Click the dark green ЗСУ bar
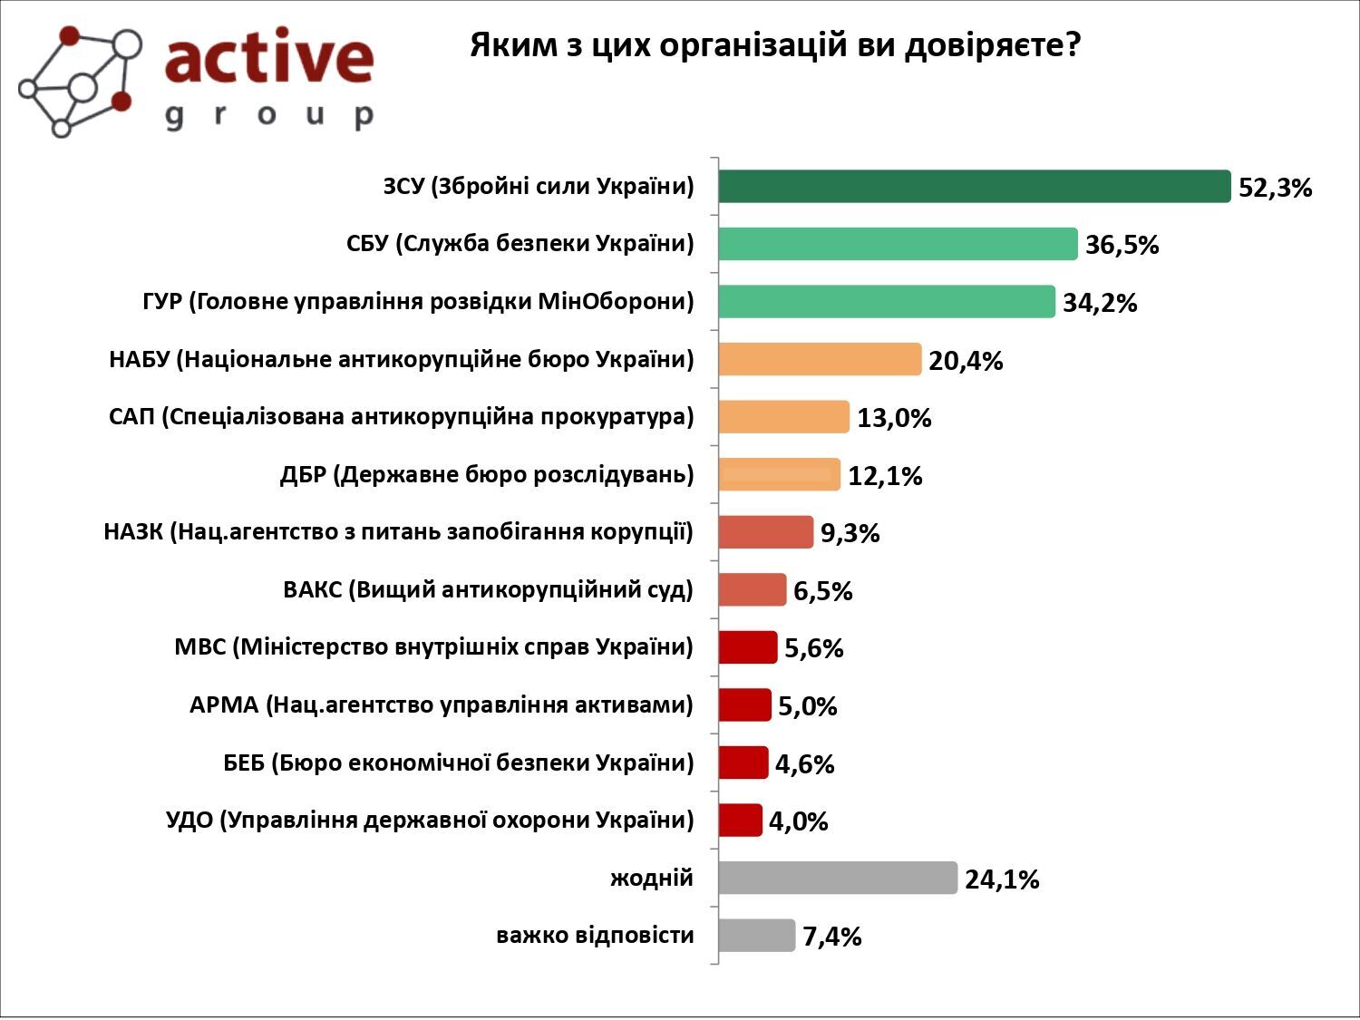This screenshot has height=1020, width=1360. [975, 187]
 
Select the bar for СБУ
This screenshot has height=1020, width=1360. [898, 244]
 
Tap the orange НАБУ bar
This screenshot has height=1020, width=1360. [820, 359]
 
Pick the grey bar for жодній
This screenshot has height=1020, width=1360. [838, 878]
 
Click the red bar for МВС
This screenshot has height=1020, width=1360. [748, 647]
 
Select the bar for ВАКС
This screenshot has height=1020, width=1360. [752, 589]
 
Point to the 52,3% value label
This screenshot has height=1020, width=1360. [1275, 189]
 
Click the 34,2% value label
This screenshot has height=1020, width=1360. [1100, 303]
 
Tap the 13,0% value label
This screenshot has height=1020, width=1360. [894, 418]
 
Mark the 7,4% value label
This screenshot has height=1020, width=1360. [831, 937]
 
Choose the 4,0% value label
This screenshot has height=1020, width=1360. [798, 821]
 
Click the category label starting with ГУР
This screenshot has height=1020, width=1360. [418, 302]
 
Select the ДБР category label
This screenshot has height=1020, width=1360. [486, 474]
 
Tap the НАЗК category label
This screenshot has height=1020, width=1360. [398, 531]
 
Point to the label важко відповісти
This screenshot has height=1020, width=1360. [595, 935]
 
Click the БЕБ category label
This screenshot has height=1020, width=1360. [458, 763]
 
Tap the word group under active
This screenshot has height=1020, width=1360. [269, 115]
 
